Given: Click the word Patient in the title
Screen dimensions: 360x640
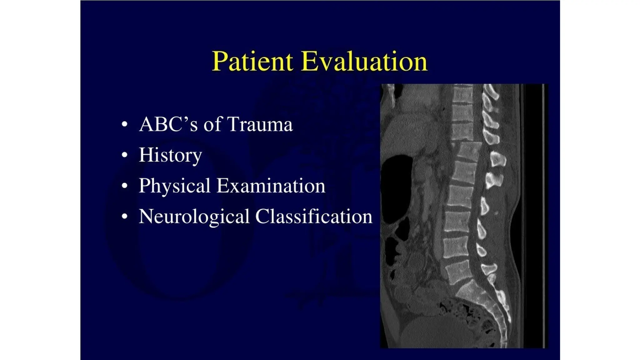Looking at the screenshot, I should (252, 61).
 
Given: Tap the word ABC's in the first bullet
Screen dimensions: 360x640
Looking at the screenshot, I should (168, 124).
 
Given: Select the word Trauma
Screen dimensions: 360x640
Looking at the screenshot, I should (260, 124).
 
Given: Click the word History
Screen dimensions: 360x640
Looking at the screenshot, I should (170, 155).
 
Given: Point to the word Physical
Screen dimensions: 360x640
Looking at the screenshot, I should (174, 186).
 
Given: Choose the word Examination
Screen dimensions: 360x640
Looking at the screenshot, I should (271, 186).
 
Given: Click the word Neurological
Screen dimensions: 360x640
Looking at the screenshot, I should (194, 216).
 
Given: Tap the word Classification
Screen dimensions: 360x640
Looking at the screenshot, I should (314, 216).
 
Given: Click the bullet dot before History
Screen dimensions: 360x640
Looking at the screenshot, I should (125, 155).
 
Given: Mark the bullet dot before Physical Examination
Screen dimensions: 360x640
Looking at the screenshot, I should (125, 186).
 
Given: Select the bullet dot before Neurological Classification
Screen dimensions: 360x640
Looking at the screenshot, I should (125, 216).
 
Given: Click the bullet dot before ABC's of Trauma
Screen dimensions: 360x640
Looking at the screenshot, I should (125, 124).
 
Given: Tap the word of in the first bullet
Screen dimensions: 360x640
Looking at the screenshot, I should (213, 124).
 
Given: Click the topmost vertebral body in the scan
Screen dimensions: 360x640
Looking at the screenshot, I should (462, 94).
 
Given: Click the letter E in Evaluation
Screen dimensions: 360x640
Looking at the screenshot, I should (309, 61).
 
